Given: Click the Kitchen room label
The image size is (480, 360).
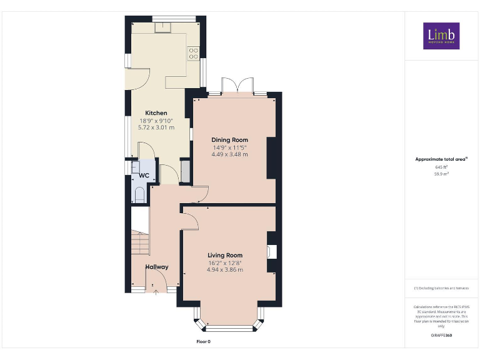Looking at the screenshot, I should pyautogui.click(x=156, y=113).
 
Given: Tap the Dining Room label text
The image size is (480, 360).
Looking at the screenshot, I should pyautogui.click(x=229, y=140).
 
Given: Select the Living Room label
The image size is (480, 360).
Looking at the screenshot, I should pyautogui.click(x=225, y=255).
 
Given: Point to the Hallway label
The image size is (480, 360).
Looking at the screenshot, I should pyautogui.click(x=157, y=267).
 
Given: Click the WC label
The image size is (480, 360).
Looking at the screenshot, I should pyautogui.click(x=144, y=176).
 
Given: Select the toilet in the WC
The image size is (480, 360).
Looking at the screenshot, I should pyautogui.click(x=139, y=195).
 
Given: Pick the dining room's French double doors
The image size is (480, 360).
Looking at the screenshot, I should pyautogui.click(x=239, y=87).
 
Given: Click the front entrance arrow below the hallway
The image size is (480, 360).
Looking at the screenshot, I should pyautogui.click(x=154, y=287).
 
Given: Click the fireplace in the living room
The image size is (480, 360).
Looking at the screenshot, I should pyautogui.click(x=271, y=252).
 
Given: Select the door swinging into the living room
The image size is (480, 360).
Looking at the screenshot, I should pyautogui.click(x=189, y=220).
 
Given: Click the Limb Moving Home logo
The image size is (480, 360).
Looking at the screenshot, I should pyautogui.click(x=441, y=36).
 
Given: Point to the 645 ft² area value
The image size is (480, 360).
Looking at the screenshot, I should pyautogui.click(x=441, y=167).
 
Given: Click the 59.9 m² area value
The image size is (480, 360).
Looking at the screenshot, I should pyautogui.click(x=441, y=174).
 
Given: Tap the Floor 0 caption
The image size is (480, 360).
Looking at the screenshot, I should pyautogui.click(x=204, y=341).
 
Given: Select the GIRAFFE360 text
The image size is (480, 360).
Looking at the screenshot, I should pyautogui.click(x=441, y=336).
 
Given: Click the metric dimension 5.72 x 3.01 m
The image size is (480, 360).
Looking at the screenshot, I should pyautogui.click(x=156, y=127).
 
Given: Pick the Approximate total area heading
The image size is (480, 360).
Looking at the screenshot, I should pyautogui.click(x=441, y=159).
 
